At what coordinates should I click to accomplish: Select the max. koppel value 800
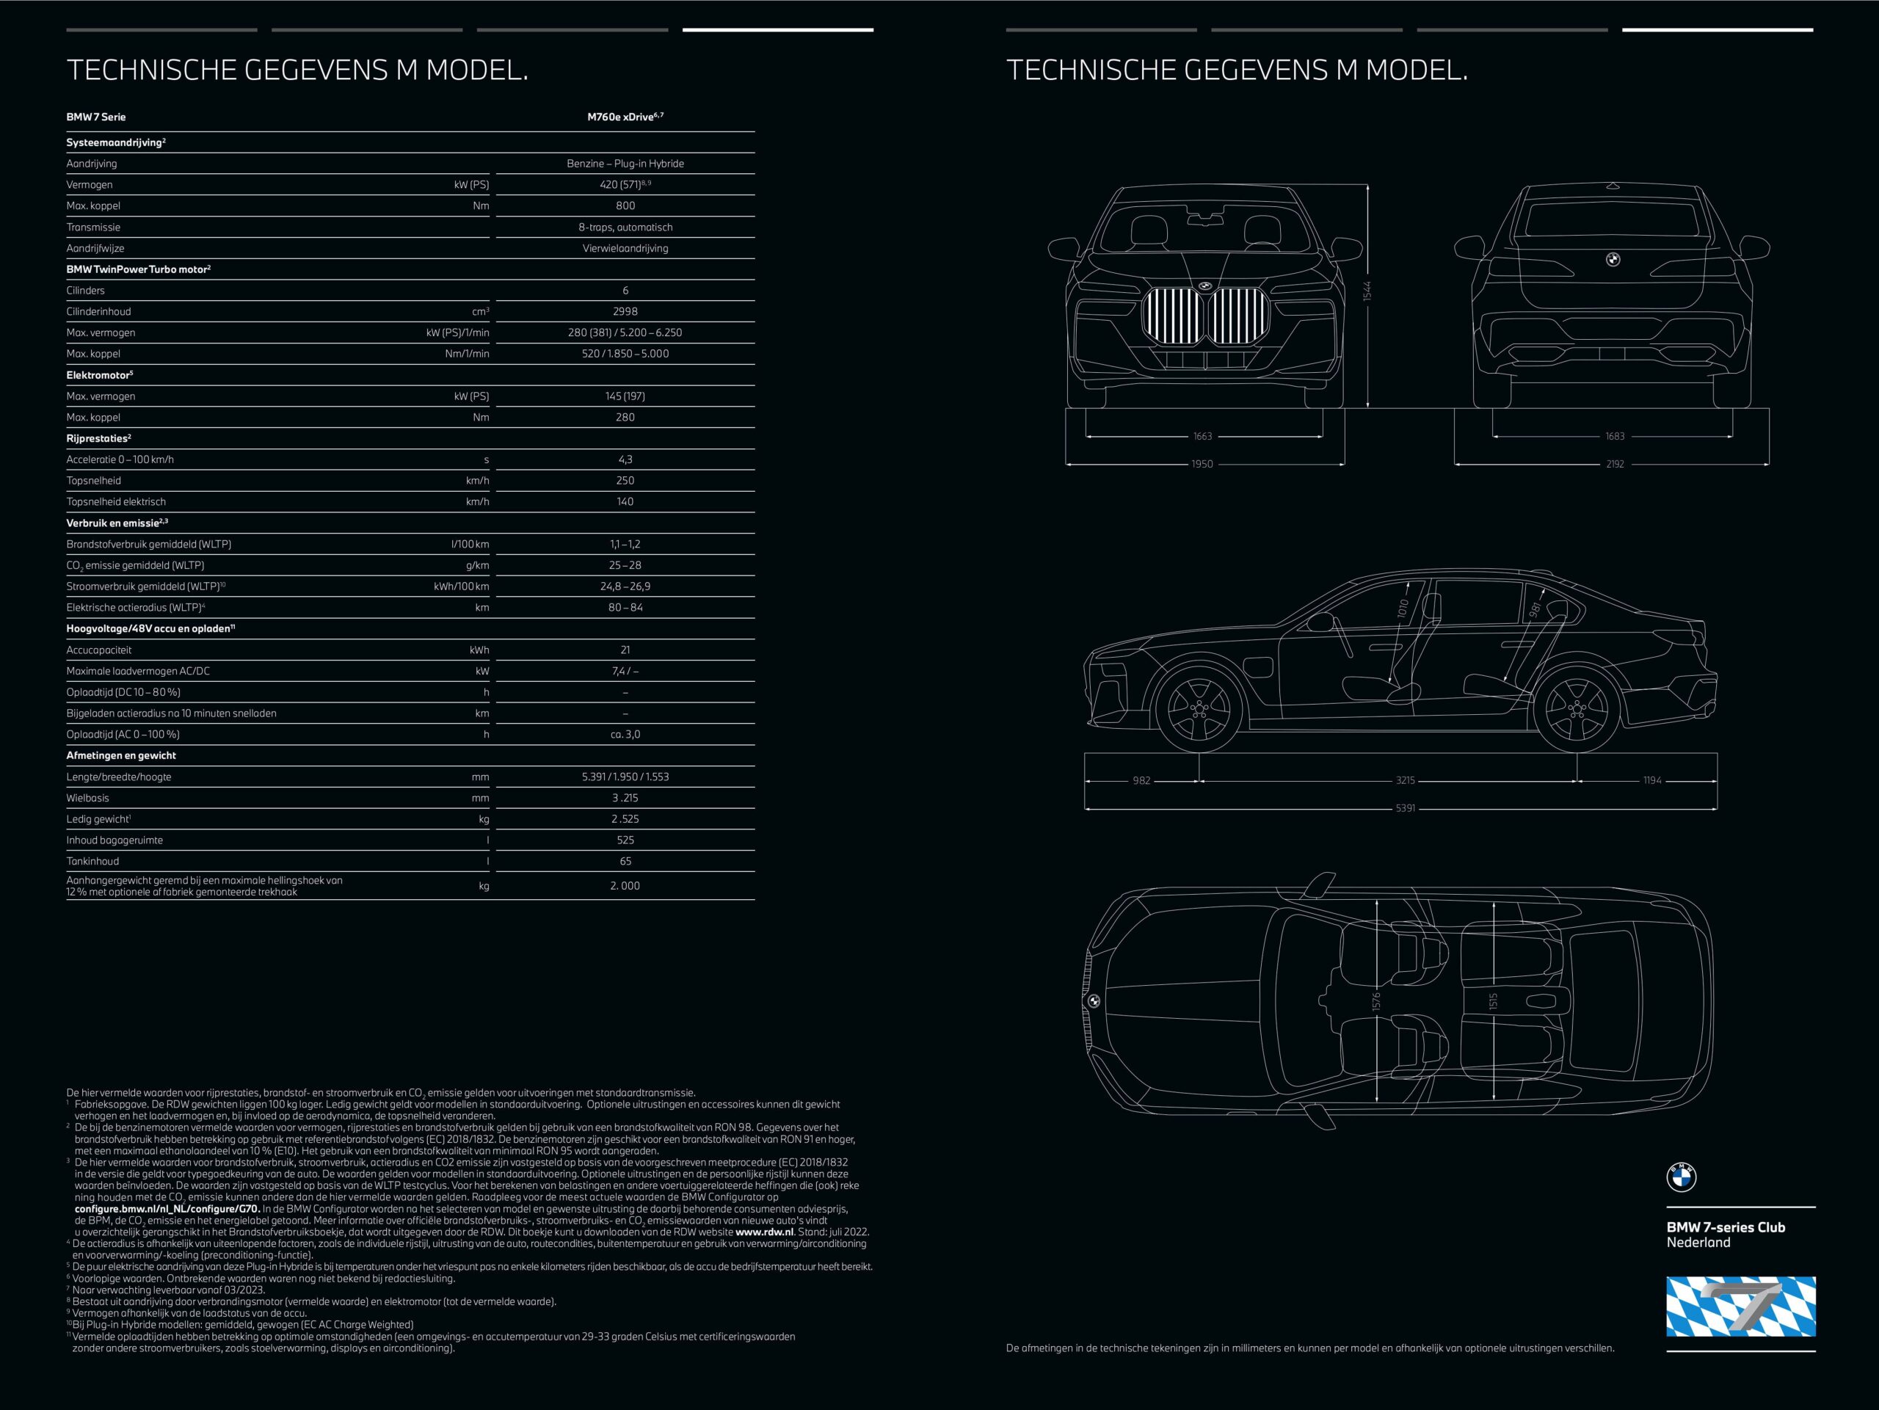point(625,206)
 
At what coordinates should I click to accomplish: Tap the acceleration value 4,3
point(625,459)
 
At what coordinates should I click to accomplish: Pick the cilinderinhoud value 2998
point(625,312)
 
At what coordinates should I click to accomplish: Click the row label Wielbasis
point(87,799)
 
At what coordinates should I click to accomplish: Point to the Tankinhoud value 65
point(625,861)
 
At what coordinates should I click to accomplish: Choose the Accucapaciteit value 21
point(625,650)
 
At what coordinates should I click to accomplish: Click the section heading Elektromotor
point(99,375)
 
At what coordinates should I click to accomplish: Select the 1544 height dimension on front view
point(1367,291)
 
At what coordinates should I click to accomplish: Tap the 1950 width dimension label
point(1202,465)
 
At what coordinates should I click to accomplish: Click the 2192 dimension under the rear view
point(1615,465)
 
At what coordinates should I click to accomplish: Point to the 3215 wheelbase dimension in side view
point(1405,780)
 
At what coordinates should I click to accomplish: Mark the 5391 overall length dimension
point(1406,809)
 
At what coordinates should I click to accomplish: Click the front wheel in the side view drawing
point(1199,707)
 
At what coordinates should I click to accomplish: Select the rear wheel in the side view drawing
point(1577,707)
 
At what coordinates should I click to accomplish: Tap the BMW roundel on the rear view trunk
point(1613,259)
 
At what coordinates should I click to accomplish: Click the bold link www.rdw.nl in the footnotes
point(765,1232)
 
